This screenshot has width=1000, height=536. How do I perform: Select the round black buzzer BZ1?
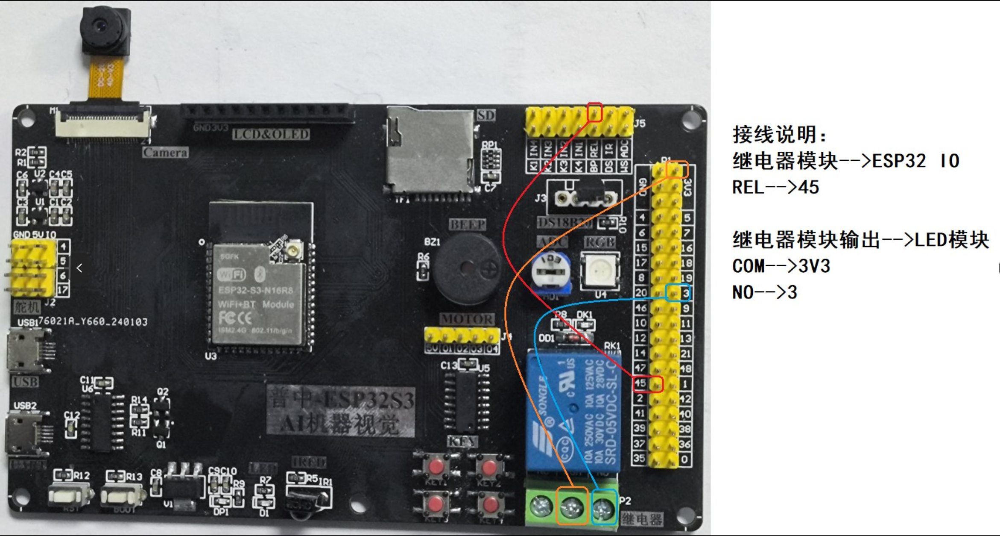(468, 268)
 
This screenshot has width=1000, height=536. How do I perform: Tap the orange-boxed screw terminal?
(572, 507)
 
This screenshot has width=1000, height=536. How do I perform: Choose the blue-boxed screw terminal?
(604, 507)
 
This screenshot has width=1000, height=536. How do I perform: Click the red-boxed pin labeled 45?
(648, 384)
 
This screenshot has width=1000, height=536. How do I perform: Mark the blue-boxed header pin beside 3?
(677, 293)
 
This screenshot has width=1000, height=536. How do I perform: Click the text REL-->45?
(775, 187)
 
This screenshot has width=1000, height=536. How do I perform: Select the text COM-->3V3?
(781, 266)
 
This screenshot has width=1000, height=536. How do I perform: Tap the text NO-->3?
(764, 292)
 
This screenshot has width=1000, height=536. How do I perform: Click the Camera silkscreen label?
(165, 153)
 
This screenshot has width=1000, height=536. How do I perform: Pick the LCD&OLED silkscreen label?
(271, 135)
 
